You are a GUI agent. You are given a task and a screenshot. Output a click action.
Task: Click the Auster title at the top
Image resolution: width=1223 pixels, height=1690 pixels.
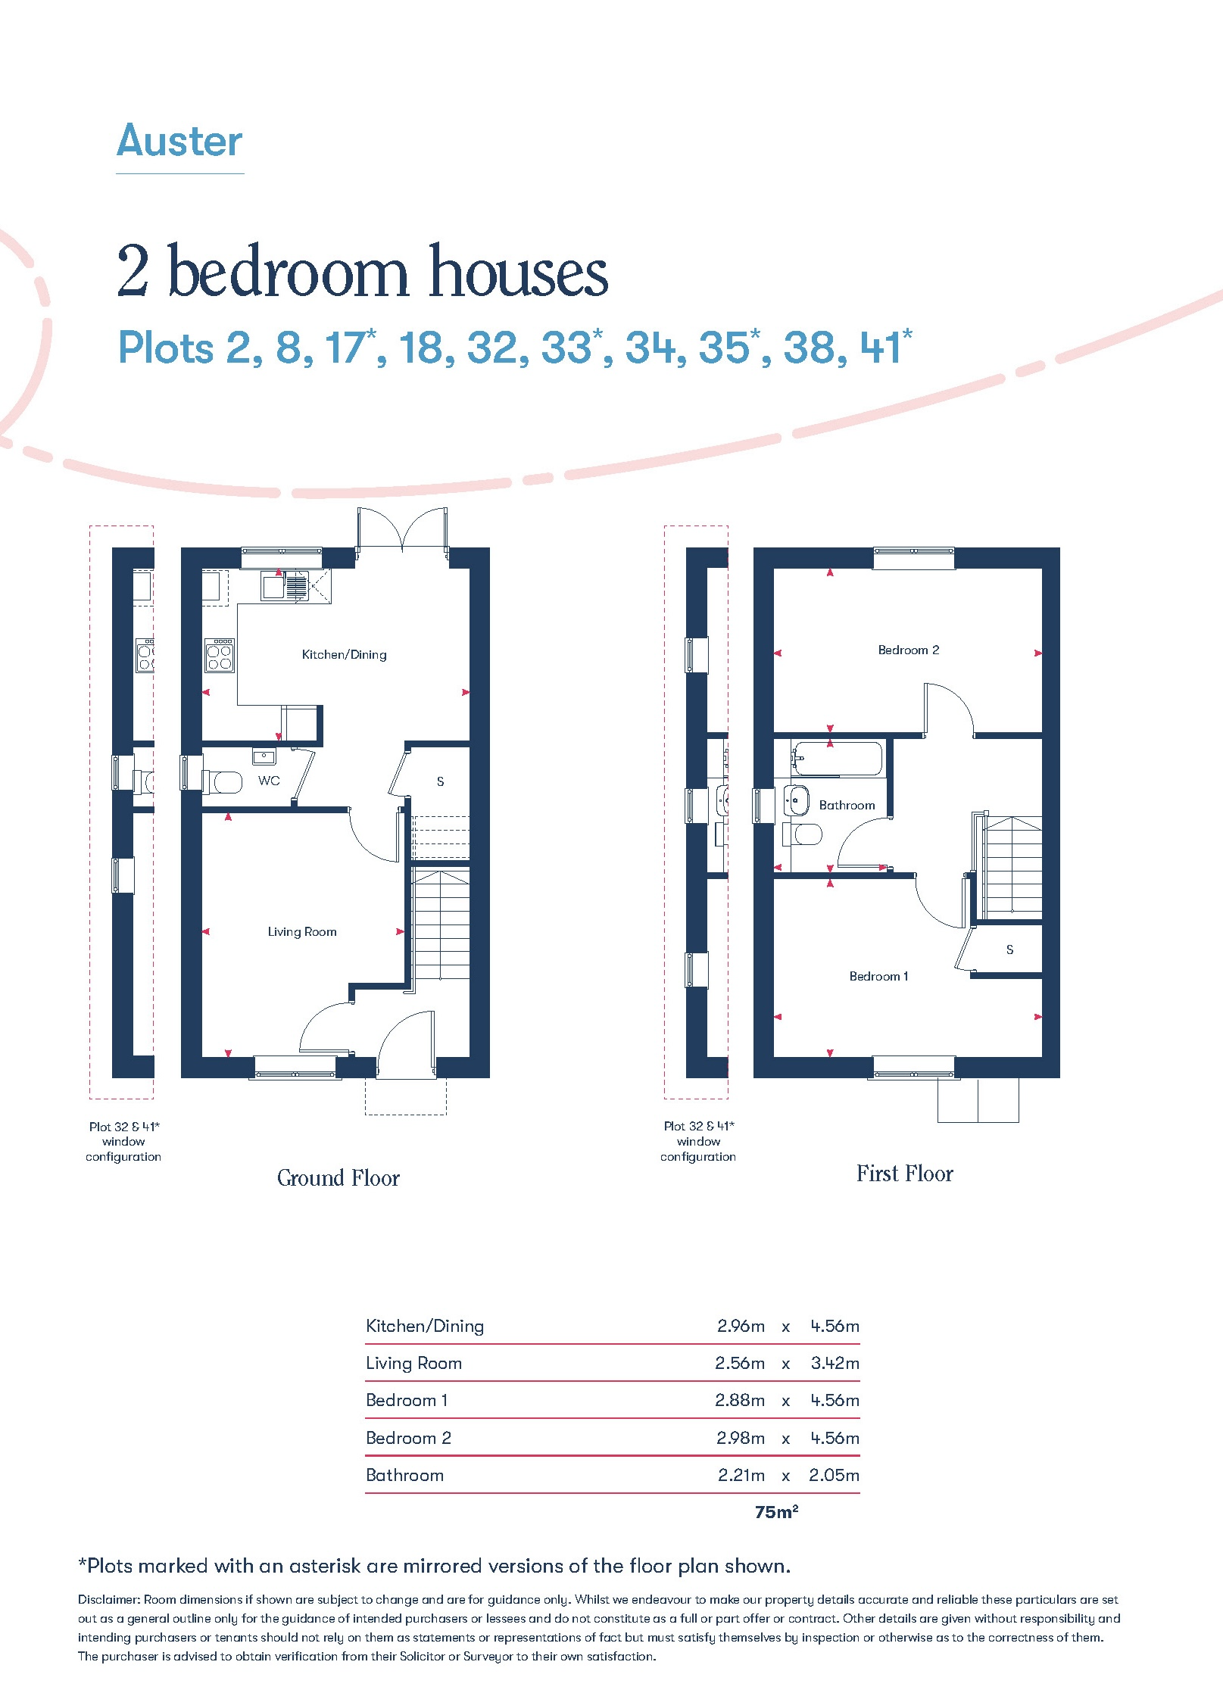pyautogui.click(x=179, y=141)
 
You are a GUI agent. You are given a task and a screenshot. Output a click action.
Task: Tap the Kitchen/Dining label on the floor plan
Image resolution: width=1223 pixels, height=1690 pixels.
pyautogui.click(x=344, y=654)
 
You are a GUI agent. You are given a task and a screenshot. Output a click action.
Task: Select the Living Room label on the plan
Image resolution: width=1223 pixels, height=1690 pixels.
pyautogui.click(x=302, y=931)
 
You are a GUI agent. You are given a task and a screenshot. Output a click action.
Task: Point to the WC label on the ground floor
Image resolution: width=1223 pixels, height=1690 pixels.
pyautogui.click(x=269, y=781)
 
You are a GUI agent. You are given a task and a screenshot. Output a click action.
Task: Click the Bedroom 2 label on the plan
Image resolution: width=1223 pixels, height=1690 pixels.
pyautogui.click(x=908, y=650)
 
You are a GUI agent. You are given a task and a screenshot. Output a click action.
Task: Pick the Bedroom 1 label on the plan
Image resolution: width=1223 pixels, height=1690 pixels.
pyautogui.click(x=878, y=976)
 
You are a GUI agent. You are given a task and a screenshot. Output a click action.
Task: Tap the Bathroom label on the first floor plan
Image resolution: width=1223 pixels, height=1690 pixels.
pyautogui.click(x=847, y=805)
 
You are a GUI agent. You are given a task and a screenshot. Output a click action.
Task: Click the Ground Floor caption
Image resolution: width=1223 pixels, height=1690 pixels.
pyautogui.click(x=338, y=1177)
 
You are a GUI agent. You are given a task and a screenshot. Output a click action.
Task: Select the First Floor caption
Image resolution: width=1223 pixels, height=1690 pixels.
pyautogui.click(x=904, y=1173)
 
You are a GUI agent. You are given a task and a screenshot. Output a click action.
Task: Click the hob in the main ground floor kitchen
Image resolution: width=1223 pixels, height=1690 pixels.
pyautogui.click(x=220, y=656)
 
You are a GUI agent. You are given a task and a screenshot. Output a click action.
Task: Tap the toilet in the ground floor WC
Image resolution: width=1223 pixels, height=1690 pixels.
pyautogui.click(x=222, y=781)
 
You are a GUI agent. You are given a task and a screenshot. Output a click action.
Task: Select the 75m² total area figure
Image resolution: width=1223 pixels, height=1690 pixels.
pyautogui.click(x=776, y=1511)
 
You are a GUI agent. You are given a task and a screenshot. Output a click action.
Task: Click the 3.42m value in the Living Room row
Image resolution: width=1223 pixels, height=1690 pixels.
pyautogui.click(x=835, y=1363)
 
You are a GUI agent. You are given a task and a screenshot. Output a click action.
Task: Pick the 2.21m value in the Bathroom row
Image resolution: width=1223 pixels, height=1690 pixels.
pyautogui.click(x=741, y=1475)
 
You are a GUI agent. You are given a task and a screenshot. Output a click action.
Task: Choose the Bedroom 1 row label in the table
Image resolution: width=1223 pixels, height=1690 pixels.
pyautogui.click(x=407, y=1400)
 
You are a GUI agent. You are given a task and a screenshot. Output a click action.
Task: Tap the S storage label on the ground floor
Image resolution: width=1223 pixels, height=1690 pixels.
pyautogui.click(x=440, y=781)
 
